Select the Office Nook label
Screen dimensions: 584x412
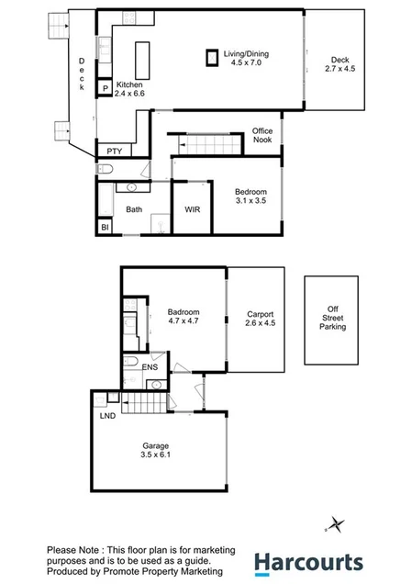click(x=262, y=136)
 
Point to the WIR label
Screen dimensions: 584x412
click(x=192, y=209)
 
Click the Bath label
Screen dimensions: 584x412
click(x=134, y=209)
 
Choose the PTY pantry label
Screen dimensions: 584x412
click(x=114, y=152)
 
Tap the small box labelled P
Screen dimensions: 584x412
click(x=106, y=89)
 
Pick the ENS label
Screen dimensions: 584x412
click(x=150, y=367)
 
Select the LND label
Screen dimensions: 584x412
click(x=107, y=415)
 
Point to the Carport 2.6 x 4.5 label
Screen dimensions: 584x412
click(x=260, y=319)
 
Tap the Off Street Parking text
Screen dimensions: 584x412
click(x=332, y=318)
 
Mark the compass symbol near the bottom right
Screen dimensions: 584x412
click(x=336, y=524)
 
